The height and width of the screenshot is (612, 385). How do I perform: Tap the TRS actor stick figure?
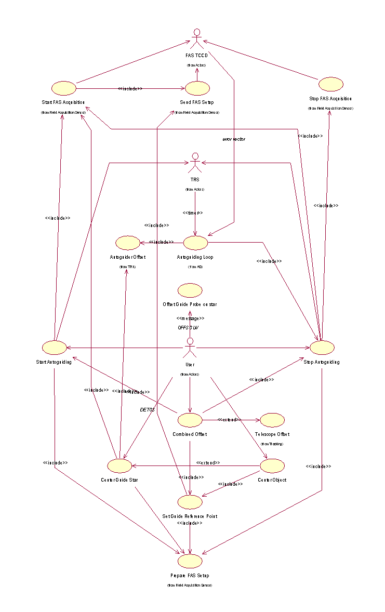point(195,163)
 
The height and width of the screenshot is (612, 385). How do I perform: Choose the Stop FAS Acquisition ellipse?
point(330,84)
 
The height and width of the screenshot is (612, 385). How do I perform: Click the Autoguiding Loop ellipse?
point(195,242)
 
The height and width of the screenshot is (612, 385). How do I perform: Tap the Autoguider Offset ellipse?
point(127,242)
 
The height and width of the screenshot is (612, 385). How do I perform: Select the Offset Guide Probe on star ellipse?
point(190,290)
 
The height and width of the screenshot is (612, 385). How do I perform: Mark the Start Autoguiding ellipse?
point(54,347)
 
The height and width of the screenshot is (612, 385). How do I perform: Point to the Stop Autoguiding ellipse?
point(322,347)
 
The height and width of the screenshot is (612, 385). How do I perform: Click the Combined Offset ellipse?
point(190,419)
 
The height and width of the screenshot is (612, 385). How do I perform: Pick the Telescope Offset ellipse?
point(272,419)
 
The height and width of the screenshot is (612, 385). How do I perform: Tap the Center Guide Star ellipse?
point(119,465)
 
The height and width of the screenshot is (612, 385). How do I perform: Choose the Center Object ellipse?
point(272,465)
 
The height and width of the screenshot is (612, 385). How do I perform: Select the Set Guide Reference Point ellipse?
point(190,501)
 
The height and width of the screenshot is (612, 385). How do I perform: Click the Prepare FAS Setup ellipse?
point(190,561)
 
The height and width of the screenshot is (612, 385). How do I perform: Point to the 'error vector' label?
point(234,139)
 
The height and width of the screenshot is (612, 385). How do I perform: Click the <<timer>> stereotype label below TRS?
point(192,213)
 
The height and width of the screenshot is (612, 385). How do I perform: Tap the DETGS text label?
point(148,410)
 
